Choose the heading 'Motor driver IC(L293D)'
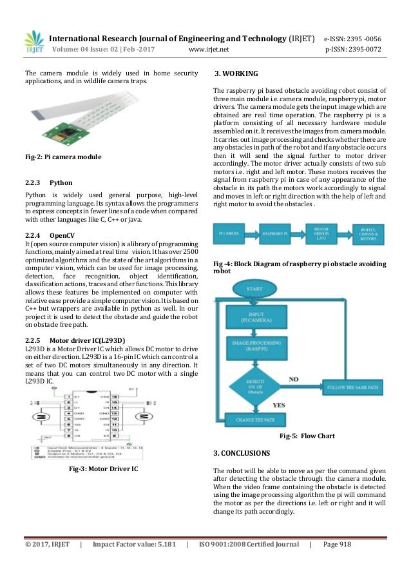coord(87,340)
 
